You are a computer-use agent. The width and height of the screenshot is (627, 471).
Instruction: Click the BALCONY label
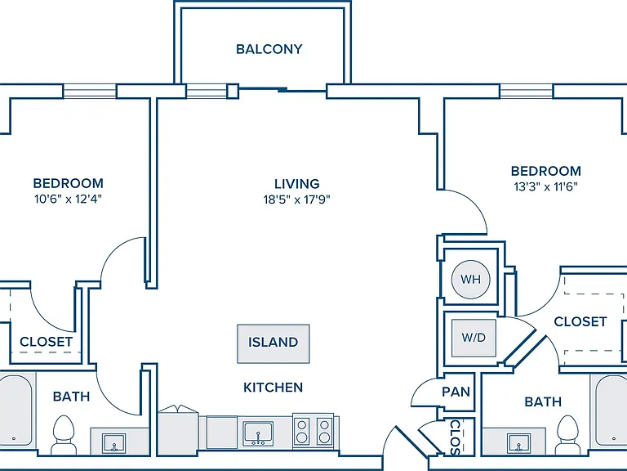[x=269, y=49]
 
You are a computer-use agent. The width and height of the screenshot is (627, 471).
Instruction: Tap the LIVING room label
[x=296, y=184]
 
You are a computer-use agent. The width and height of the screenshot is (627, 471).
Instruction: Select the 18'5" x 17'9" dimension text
[x=296, y=200]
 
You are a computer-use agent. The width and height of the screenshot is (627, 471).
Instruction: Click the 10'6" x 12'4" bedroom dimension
[x=68, y=199]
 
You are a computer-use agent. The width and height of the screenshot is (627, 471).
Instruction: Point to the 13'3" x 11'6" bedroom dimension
[x=546, y=186]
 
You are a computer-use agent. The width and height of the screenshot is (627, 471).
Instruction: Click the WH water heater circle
[x=470, y=279]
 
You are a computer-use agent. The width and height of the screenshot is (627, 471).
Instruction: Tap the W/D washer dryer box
[x=474, y=338]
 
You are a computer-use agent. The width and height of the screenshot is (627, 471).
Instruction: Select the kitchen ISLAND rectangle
[x=273, y=343]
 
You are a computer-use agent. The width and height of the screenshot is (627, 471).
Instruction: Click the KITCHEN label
[x=273, y=388]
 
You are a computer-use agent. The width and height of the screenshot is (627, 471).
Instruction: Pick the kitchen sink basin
[x=258, y=433]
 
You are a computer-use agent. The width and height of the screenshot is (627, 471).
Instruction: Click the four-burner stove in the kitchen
[x=313, y=431]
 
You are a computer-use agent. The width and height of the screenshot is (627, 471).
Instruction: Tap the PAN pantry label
[x=456, y=392]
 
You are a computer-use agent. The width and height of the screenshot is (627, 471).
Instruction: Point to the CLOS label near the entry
[x=456, y=437]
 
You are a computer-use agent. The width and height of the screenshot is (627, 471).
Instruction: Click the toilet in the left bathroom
[x=64, y=434]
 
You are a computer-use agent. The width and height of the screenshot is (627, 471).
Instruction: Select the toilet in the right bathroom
[x=568, y=434]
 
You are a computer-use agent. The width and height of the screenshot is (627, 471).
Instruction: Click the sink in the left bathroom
[x=114, y=443]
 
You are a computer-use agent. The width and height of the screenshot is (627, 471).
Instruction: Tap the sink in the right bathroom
[x=518, y=443]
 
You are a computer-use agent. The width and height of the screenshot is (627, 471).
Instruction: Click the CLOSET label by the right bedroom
[x=580, y=321]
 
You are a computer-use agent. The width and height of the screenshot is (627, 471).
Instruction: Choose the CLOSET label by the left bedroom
[x=47, y=342]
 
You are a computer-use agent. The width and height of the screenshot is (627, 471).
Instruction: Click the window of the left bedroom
[x=90, y=91]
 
